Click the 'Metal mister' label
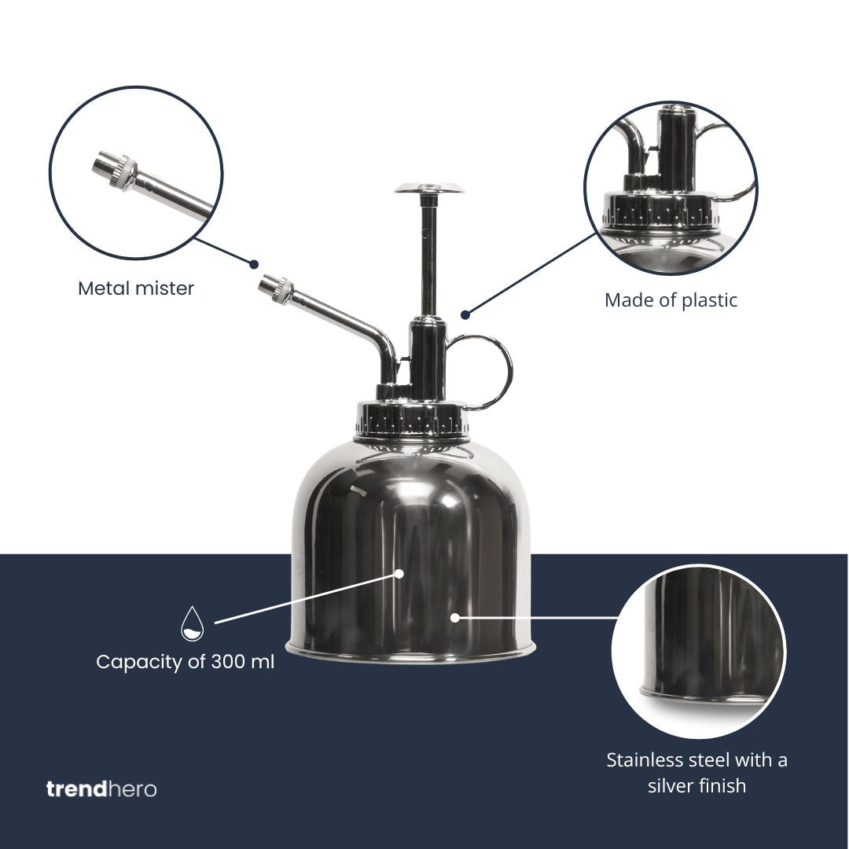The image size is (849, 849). pos(136,288)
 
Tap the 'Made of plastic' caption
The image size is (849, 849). pos(671,300)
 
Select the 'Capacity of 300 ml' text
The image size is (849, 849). pos(186,662)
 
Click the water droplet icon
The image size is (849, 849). pos(193,623)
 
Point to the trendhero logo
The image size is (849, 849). pos(101,789)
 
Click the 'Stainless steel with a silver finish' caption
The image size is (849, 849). pos(696,773)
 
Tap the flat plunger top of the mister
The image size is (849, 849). pos(429,189)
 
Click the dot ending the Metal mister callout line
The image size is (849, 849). pos(253,264)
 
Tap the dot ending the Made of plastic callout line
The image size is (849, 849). pos(465,314)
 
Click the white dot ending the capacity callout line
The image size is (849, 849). pos(399,573)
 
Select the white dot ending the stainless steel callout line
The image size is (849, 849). pos(455,617)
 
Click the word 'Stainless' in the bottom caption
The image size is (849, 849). pos(645,760)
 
